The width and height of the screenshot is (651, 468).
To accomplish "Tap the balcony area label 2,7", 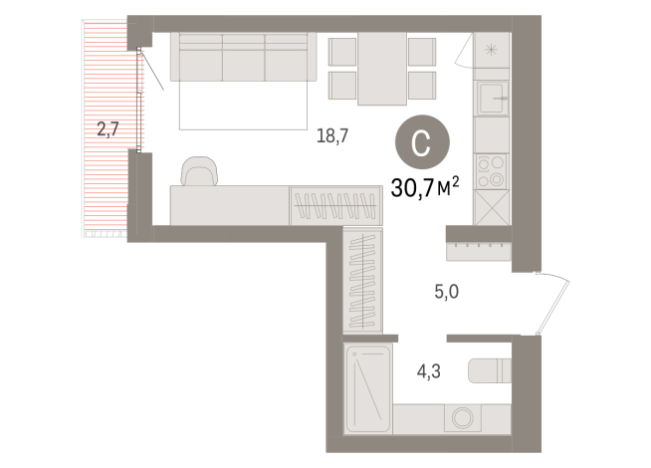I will pos(107,127).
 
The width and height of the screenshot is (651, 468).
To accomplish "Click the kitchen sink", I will pos(493,100).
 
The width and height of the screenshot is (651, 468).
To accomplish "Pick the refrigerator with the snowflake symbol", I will pos(492,52).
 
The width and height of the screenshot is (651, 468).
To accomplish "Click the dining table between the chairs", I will pos(382,67).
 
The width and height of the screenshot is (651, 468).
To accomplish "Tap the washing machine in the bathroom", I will pos(462,419).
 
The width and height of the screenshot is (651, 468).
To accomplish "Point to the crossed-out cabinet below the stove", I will pos(492,208).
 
